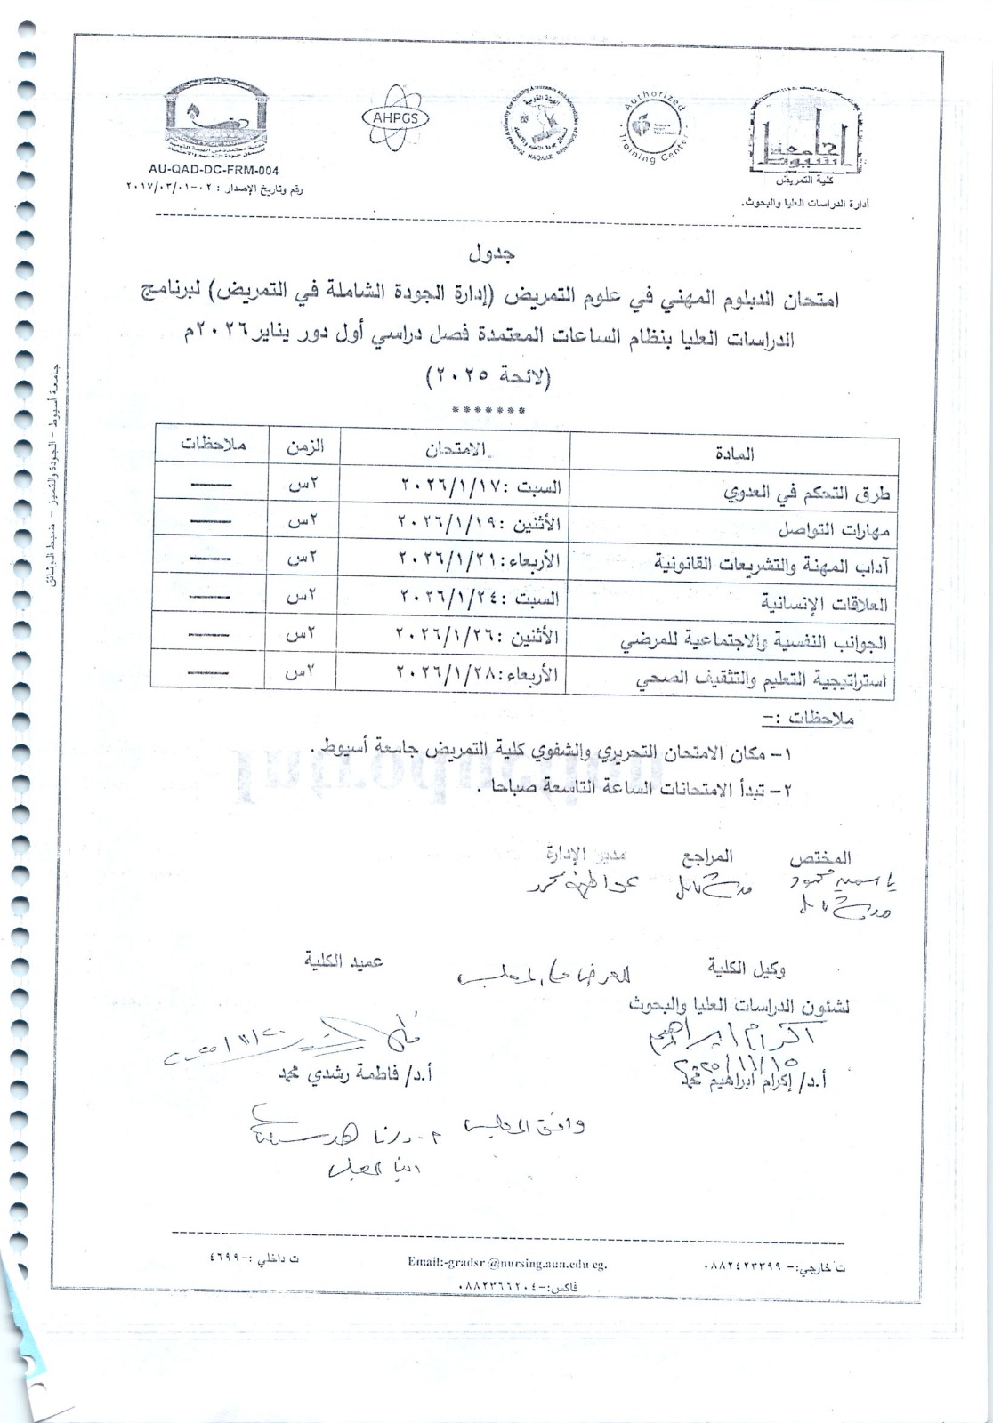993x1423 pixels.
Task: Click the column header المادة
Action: [x=734, y=453]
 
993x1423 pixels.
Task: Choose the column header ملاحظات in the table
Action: [x=212, y=446]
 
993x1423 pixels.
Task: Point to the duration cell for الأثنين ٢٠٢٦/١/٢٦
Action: [x=300, y=637]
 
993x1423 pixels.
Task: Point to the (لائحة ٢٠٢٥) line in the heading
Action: [x=491, y=378]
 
